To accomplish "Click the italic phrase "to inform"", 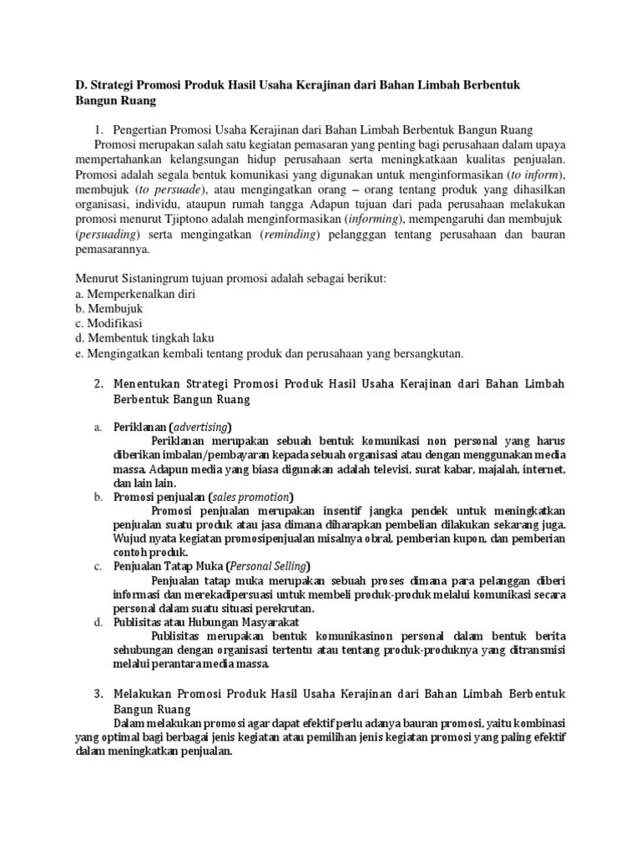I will coord(538,175).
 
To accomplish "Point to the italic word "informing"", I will coord(373,220).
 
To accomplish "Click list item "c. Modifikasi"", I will coord(109,324).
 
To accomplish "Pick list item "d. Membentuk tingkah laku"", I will coord(144,339).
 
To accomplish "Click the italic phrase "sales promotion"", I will coord(250,496).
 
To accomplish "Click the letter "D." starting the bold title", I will coord(80,85).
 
